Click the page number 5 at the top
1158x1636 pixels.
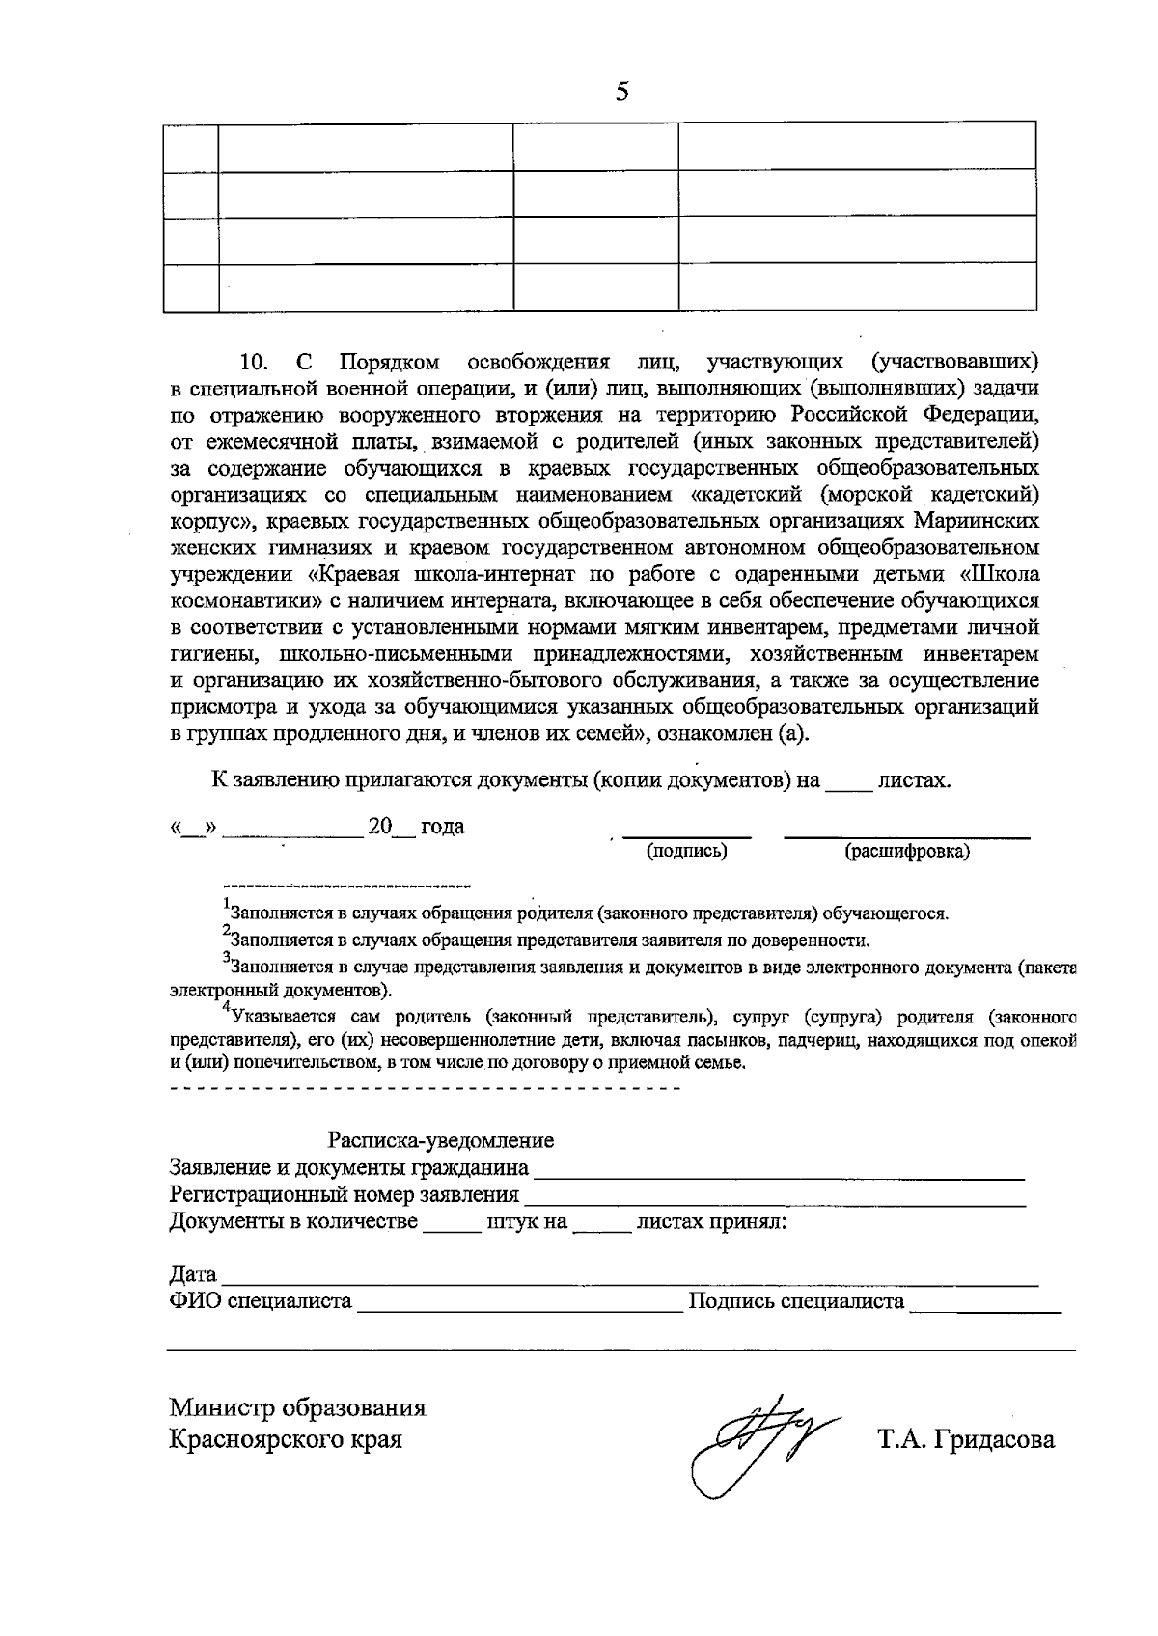(x=621, y=92)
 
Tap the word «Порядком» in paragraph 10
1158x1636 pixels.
(x=390, y=363)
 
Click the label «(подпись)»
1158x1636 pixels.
(x=687, y=851)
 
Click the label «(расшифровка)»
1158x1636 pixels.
(x=907, y=851)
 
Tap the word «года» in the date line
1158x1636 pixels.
(x=442, y=827)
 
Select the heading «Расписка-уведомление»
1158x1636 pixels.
(x=441, y=1140)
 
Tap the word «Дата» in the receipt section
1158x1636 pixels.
(x=193, y=1274)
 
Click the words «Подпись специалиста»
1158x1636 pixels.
(x=796, y=1302)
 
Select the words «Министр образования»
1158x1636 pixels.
(x=297, y=1407)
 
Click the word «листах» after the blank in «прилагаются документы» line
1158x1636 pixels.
(x=913, y=779)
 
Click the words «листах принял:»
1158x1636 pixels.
(x=711, y=1222)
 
